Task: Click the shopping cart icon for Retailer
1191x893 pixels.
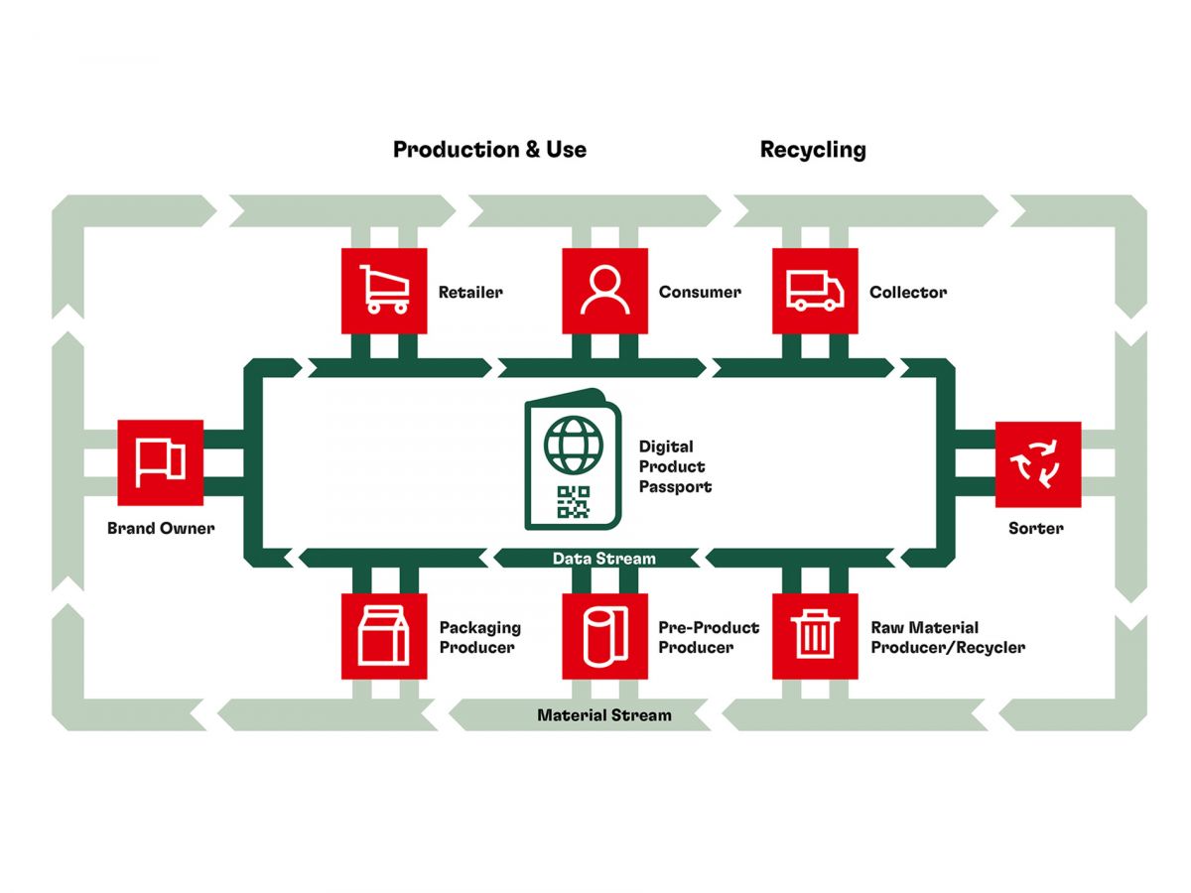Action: click(x=384, y=290)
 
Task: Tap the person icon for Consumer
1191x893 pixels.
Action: click(x=604, y=290)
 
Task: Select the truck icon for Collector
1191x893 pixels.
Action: click(x=815, y=291)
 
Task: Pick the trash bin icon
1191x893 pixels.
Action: click(x=815, y=634)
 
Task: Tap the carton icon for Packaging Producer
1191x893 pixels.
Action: click(x=383, y=635)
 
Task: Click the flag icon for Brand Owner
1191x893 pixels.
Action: click(x=160, y=462)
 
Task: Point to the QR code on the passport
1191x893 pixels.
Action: click(x=573, y=501)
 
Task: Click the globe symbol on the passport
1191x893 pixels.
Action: click(x=573, y=446)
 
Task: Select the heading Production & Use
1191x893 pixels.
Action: click(x=489, y=150)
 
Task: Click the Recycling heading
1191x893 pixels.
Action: click(x=812, y=151)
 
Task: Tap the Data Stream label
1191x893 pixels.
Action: click(x=603, y=559)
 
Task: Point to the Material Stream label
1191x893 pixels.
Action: click(x=603, y=715)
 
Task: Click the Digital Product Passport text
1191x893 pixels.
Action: click(x=675, y=466)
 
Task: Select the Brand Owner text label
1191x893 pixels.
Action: click(x=161, y=528)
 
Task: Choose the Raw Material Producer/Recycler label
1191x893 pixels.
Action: click(x=948, y=637)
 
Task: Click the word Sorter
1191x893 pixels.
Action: click(x=1035, y=528)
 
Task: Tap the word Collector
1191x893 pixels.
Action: click(x=908, y=293)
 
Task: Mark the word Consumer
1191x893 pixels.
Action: click(x=700, y=293)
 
